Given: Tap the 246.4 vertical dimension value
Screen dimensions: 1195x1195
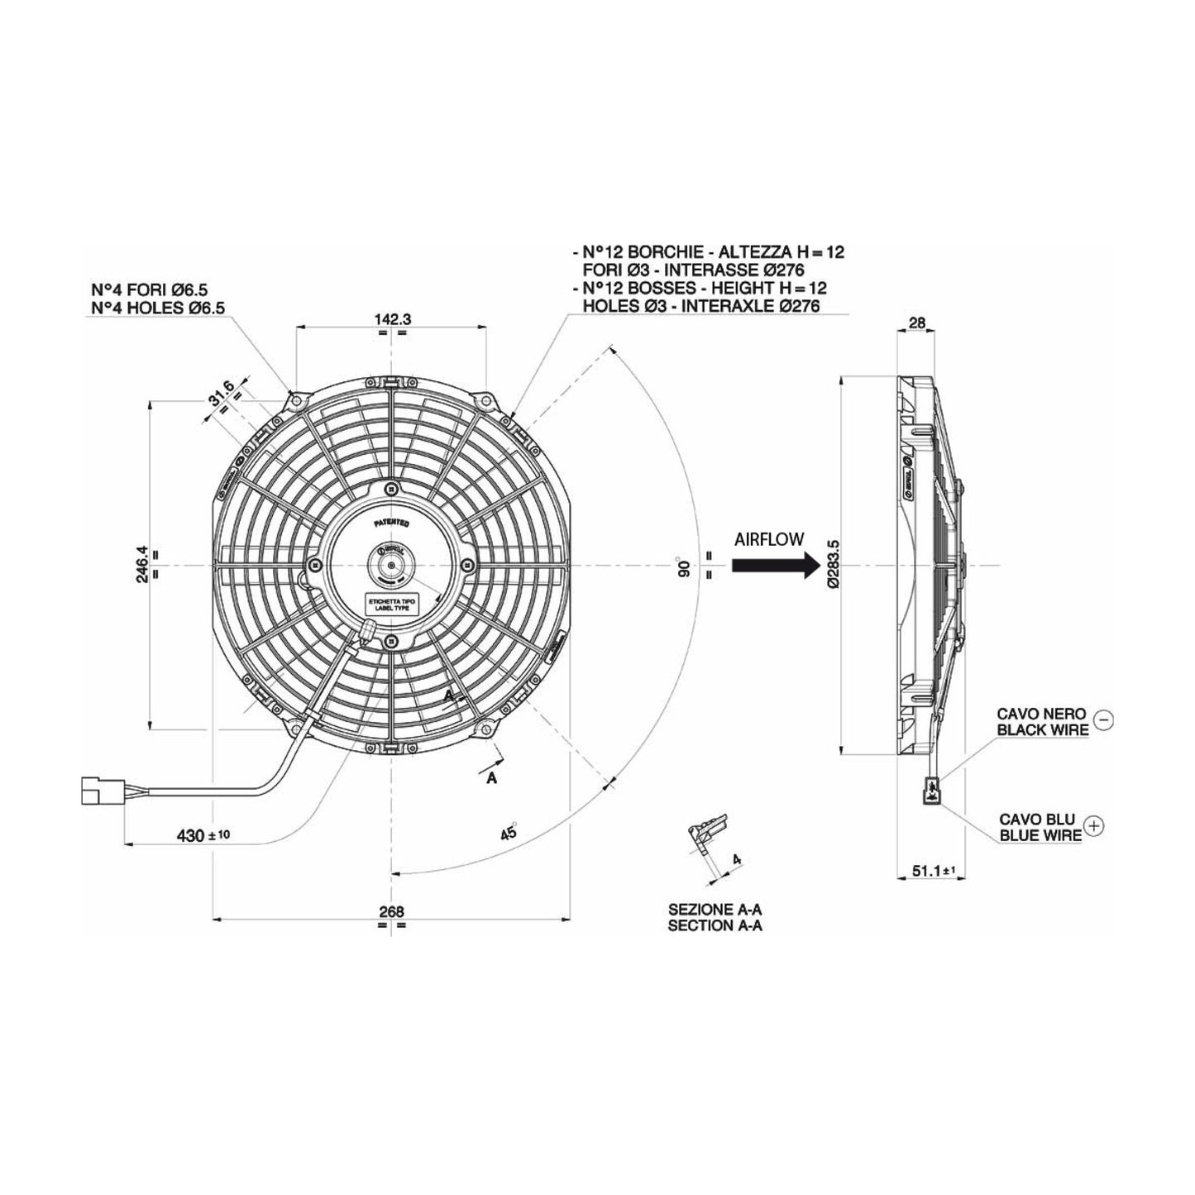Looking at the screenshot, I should pos(142,564).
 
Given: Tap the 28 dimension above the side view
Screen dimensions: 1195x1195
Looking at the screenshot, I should pos(916,323).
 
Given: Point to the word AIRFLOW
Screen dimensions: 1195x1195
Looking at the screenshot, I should pos(769,539).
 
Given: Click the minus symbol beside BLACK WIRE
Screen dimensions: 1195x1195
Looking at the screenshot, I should pos(1102,720).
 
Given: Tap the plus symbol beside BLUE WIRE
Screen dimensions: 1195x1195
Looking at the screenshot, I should pos(1094,825).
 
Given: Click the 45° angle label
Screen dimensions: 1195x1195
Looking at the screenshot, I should pos(509,832).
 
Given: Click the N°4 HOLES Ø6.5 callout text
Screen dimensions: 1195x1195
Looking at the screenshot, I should pos(158,307).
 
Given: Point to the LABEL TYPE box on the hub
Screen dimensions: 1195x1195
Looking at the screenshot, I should pos(391,605).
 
